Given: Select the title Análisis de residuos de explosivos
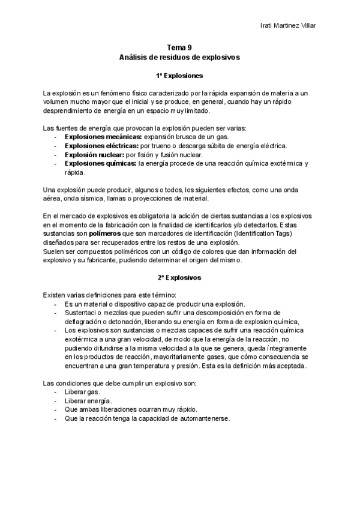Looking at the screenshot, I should tap(179, 58).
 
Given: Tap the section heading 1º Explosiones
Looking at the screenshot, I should tap(179, 76).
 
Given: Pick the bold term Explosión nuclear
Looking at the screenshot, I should tap(94, 154).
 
